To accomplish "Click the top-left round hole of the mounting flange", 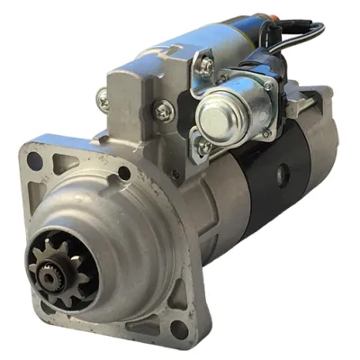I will [x=35, y=161].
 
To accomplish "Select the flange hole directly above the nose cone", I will [x=124, y=174].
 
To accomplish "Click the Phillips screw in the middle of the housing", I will [x=163, y=112].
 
